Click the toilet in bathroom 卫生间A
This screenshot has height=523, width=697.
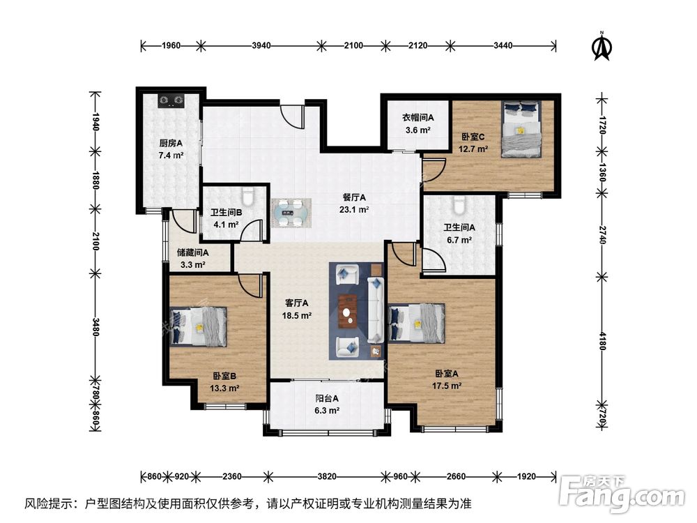tap(458, 204)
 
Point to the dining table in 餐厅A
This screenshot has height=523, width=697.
tap(291, 213)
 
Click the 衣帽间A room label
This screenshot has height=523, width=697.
tap(418, 118)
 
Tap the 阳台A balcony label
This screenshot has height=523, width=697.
tap(327, 399)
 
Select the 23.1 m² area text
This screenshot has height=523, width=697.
tap(354, 209)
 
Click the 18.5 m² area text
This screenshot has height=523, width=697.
tap(296, 315)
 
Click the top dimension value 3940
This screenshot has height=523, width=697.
tap(261, 46)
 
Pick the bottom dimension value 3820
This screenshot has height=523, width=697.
tap(327, 477)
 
